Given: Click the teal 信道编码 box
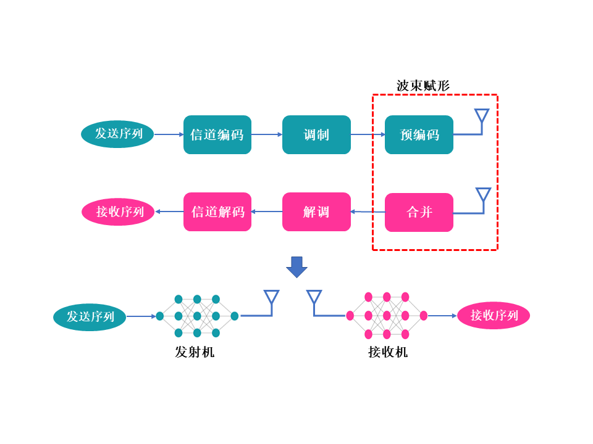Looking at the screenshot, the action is coord(217,135).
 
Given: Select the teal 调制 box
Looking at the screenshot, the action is coord(316,135).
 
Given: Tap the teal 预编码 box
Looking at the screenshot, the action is coord(419,135).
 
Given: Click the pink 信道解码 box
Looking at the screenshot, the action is coord(217,212).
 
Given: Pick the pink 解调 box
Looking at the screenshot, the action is coord(316,212).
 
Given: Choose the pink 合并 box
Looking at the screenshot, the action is coord(419,212).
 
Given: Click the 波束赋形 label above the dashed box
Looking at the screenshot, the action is coord(423,86).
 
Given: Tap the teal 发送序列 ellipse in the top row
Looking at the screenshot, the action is coord(117,134).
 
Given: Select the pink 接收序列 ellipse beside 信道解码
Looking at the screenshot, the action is coord(119,212).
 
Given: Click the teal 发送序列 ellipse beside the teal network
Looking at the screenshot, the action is coord(90,317).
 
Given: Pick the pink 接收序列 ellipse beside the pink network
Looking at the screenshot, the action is coord(494,315).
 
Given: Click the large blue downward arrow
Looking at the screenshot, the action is coord(297,267).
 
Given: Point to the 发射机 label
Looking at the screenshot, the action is coord(195,352).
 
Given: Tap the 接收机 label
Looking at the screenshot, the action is coord(388,352).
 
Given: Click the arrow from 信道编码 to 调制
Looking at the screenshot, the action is coord(267,134).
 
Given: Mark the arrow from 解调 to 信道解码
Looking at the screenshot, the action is coord(267,212).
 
